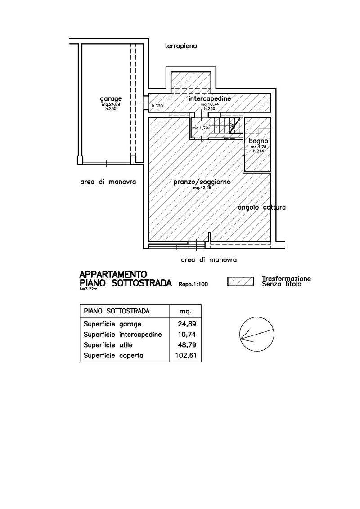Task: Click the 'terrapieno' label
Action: click(181, 46)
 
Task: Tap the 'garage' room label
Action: click(111, 98)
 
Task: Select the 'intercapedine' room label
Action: click(210, 98)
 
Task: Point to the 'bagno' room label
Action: click(259, 141)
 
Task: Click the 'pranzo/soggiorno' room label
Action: click(202, 182)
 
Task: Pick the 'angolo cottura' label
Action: click(262, 207)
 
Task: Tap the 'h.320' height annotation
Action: click(157, 106)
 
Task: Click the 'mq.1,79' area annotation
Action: click(200, 128)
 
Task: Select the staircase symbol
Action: click(224, 125)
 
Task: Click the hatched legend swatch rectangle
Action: click(241, 281)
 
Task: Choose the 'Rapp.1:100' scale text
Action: click(193, 284)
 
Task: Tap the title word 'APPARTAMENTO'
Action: click(113, 275)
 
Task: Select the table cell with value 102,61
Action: click(186, 356)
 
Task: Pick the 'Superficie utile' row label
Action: click(108, 345)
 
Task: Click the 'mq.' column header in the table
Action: click(185, 312)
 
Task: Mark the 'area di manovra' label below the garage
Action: click(108, 182)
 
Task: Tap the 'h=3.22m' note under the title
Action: click(88, 289)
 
